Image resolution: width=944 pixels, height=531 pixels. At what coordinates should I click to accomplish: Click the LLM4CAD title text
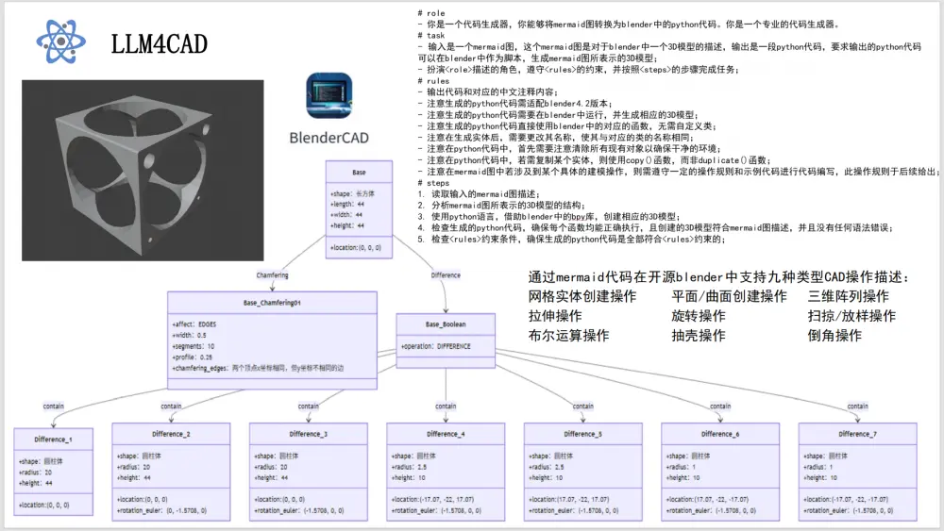pyautogui.click(x=159, y=43)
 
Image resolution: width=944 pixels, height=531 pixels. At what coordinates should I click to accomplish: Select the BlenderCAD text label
pyautogui.click(x=329, y=138)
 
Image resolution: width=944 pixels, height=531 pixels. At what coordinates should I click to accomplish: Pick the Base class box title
pyautogui.click(x=359, y=173)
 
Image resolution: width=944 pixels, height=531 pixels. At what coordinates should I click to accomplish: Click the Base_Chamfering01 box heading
pyautogui.click(x=271, y=303)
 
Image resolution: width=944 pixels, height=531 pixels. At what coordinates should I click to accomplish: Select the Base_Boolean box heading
pyautogui.click(x=447, y=324)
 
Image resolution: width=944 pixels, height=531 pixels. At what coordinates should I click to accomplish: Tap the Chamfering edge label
pyautogui.click(x=273, y=275)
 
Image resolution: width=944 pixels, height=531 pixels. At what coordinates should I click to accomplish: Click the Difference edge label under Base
pyautogui.click(x=446, y=275)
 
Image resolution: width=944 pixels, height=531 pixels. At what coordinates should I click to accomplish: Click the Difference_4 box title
pyautogui.click(x=446, y=434)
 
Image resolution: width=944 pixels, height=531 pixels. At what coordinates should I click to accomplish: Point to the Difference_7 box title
pyautogui.click(x=857, y=434)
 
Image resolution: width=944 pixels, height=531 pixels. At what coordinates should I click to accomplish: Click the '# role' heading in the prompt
pyautogui.click(x=432, y=12)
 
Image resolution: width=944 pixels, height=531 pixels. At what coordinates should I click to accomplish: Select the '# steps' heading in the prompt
pyautogui.click(x=435, y=182)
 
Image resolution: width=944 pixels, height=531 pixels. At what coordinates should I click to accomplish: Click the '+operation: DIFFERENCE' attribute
pyautogui.click(x=435, y=346)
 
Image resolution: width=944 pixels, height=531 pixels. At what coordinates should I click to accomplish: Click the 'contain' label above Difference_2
pyautogui.click(x=171, y=407)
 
